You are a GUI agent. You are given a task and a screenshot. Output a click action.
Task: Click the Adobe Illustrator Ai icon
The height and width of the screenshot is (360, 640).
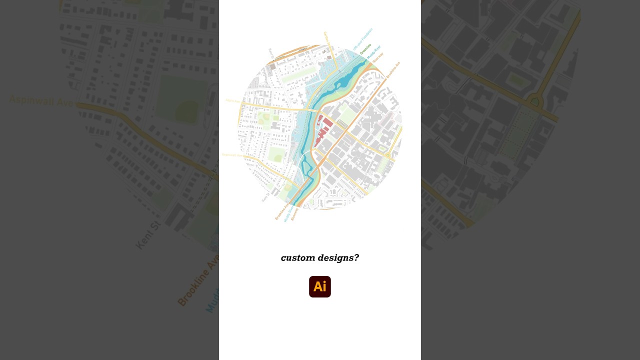click(x=320, y=286)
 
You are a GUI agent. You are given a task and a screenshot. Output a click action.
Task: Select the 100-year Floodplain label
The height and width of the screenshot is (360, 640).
click(x=362, y=39)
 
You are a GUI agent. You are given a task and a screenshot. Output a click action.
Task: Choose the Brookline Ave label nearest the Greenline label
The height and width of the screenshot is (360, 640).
click(x=393, y=69)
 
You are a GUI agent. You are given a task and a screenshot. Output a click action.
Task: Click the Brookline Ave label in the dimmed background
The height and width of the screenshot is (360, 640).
click(x=198, y=283)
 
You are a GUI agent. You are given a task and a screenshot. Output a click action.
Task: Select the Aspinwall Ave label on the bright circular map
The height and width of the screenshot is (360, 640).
click(x=232, y=155)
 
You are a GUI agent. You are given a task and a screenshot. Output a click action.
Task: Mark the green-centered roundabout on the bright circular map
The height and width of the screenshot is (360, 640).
click(x=387, y=156)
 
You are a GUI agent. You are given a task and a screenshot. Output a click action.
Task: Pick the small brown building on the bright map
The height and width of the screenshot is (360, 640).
click(x=272, y=66)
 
